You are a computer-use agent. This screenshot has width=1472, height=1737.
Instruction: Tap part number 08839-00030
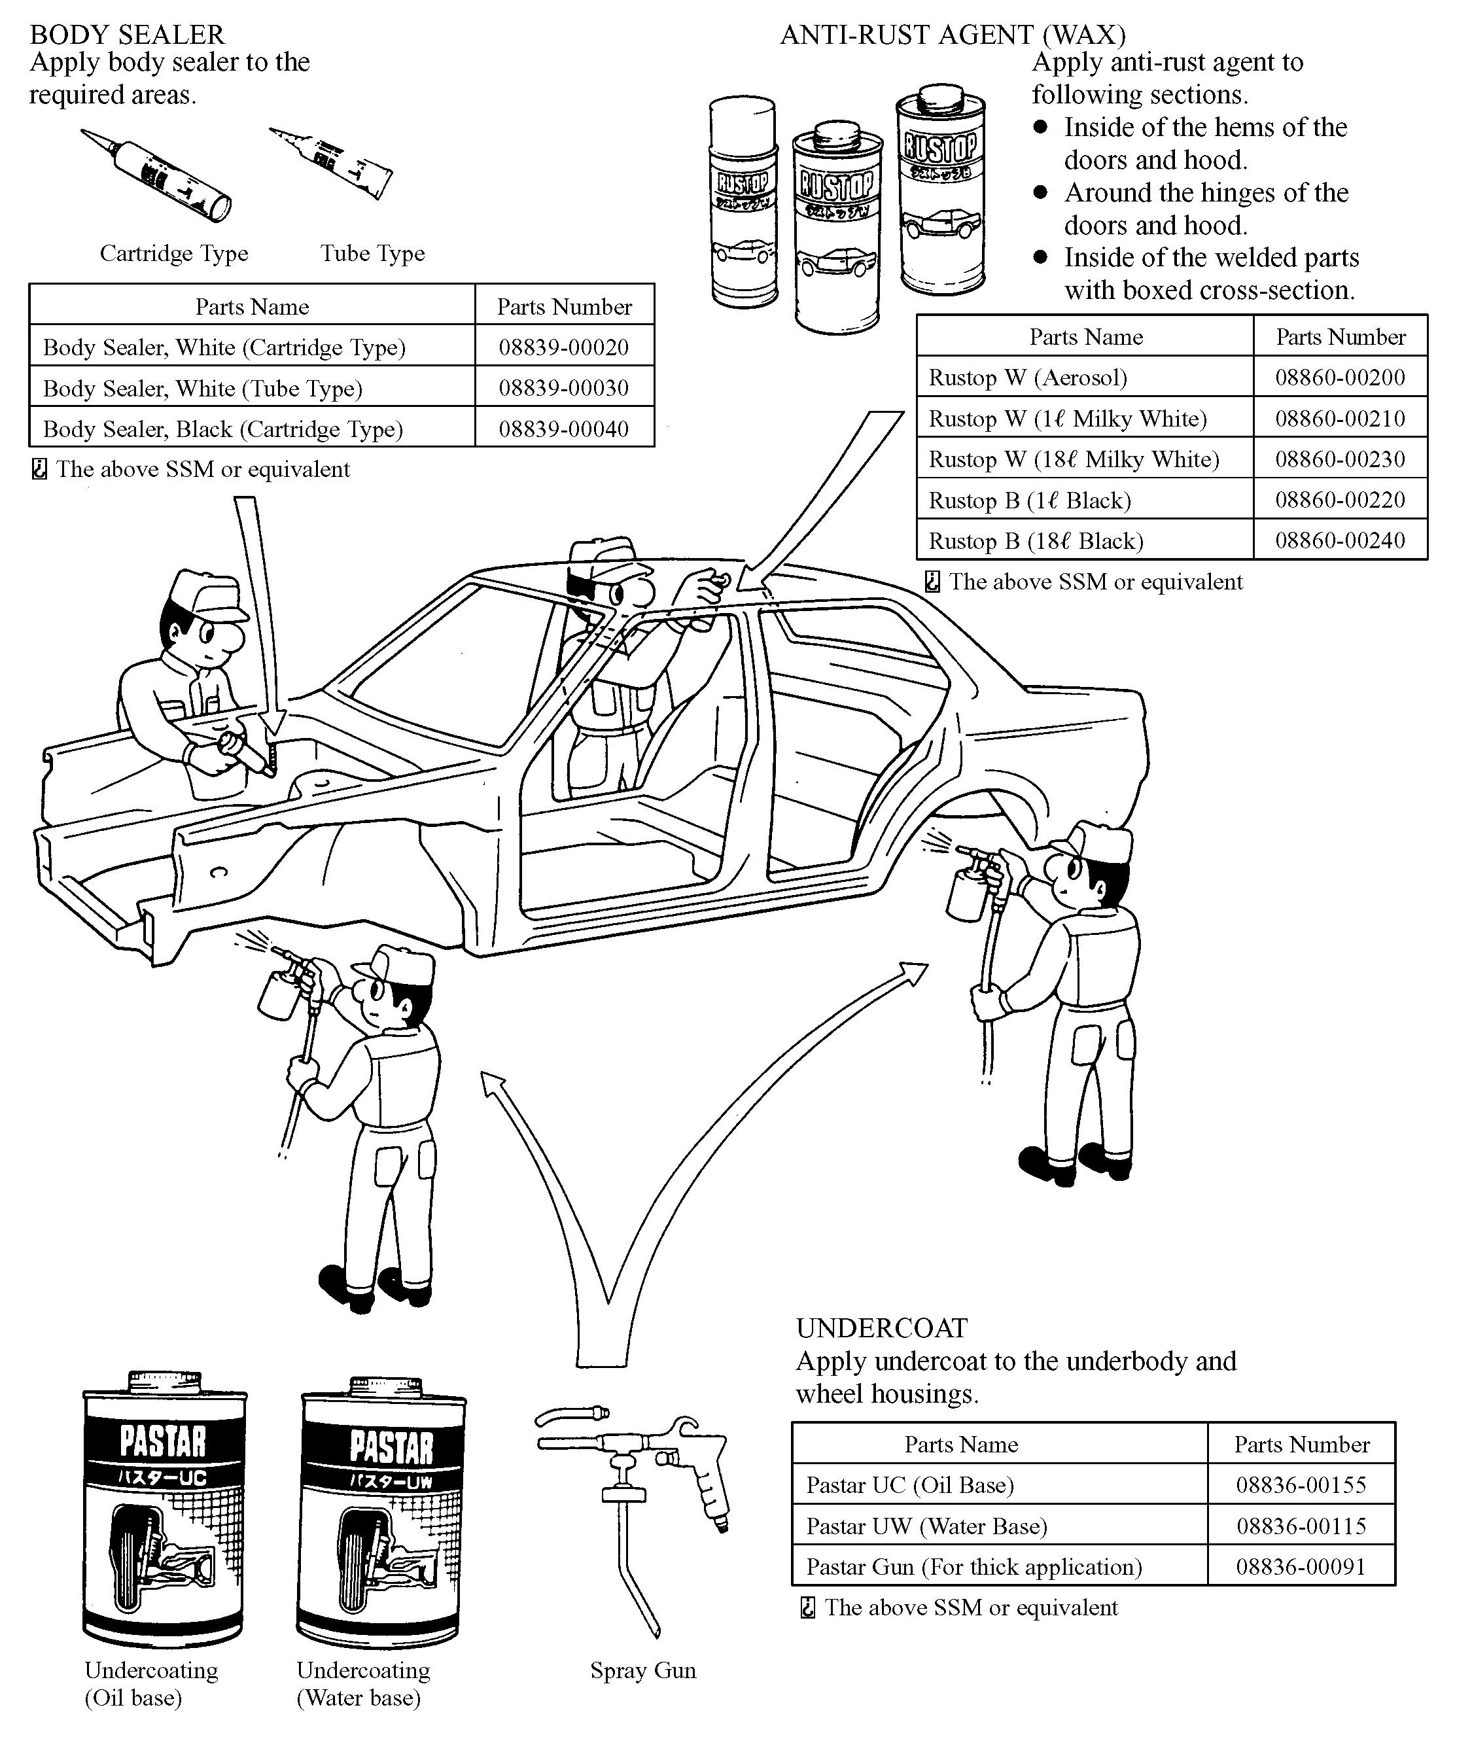click(x=563, y=388)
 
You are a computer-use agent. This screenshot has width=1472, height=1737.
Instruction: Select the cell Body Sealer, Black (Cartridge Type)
click(x=223, y=429)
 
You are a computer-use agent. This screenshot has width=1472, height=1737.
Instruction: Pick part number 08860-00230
click(x=1339, y=459)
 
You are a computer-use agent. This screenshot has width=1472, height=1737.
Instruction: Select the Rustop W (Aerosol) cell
click(x=1027, y=378)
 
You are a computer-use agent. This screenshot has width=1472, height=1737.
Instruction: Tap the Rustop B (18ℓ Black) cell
click(x=1036, y=540)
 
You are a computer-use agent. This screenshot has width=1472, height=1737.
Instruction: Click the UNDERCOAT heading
click(x=882, y=1328)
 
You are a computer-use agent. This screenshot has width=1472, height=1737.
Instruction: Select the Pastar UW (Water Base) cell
click(x=926, y=1526)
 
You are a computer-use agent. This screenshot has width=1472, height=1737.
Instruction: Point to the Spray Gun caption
click(x=642, y=1670)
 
